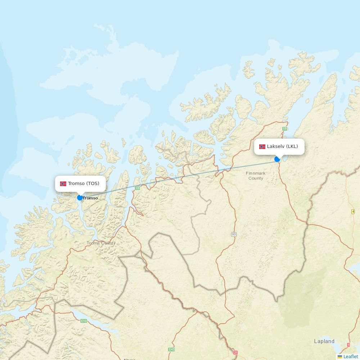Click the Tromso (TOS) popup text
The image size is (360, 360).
point(84,184)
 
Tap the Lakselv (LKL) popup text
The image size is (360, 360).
point(282,147)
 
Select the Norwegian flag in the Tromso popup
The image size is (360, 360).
point(63,184)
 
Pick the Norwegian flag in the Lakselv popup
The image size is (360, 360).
point(262,147)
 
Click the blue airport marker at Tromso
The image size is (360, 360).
point(80,198)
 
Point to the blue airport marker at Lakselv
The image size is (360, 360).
point(277,159)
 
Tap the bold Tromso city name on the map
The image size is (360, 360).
point(90,198)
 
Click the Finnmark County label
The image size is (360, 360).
point(256,176)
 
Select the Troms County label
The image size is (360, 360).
point(101,243)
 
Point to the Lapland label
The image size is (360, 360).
point(324,341)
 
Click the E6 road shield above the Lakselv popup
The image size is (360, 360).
point(285,129)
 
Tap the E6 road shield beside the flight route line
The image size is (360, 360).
point(137,188)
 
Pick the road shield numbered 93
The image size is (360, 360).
point(234,234)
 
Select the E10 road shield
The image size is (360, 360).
point(84,321)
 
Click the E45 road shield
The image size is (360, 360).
point(171,349)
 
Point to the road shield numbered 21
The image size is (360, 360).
point(235,352)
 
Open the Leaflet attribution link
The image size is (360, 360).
point(351,356)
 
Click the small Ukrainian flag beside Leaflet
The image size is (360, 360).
point(340,356)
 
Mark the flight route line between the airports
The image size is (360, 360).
point(180,178)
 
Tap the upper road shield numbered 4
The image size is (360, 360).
point(353,211)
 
